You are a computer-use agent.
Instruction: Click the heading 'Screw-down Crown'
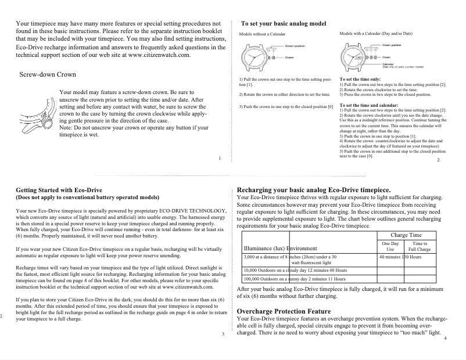[48, 75]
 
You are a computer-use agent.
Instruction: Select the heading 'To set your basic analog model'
[284, 23]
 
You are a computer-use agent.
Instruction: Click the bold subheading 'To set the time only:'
[360, 78]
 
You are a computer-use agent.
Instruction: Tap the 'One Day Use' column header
[390, 246]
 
